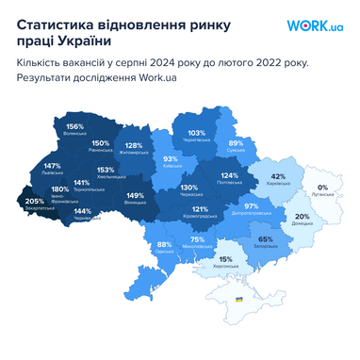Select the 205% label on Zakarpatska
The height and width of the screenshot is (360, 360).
(34, 202)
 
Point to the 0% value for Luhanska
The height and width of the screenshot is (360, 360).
(322, 188)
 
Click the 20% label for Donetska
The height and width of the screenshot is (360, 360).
(302, 217)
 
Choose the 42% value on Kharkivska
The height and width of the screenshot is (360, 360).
(278, 176)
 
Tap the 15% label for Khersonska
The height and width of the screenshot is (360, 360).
(225, 259)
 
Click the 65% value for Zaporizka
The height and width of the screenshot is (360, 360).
(266, 239)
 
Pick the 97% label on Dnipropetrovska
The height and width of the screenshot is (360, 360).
(251, 205)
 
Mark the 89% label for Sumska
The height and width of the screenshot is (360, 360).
(236, 143)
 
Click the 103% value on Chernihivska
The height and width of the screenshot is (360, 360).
(196, 133)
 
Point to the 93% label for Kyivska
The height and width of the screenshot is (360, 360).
(171, 159)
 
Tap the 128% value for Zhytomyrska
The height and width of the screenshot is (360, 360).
(134, 146)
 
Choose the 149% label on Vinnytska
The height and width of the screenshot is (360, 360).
(135, 196)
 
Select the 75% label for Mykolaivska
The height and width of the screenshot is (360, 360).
(197, 239)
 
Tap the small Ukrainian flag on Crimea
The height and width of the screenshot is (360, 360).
(238, 299)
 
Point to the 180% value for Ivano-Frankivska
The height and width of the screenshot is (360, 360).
(60, 189)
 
